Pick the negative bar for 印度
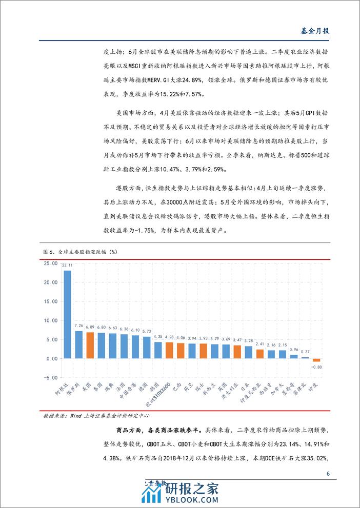click(316, 360)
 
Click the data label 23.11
click(67, 266)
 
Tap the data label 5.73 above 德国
click(147, 331)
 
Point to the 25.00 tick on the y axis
click(50, 263)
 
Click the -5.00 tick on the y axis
click(50, 378)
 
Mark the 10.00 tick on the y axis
click(50, 320)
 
